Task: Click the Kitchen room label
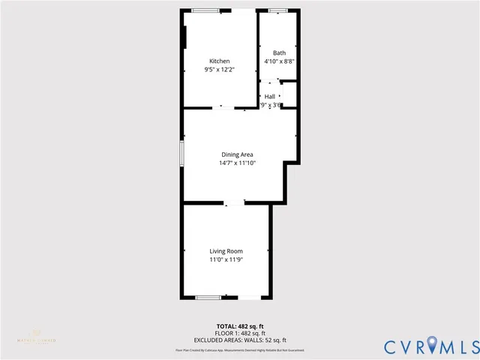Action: [219, 61]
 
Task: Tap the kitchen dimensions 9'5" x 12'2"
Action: [219, 69]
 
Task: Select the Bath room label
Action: [279, 52]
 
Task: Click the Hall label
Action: [270, 97]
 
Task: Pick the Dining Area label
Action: [237, 154]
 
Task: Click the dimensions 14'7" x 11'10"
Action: [237, 163]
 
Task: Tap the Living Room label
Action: [226, 251]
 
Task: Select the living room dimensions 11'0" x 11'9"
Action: [226, 259]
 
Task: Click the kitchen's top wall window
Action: [205, 10]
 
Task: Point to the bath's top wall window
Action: [278, 10]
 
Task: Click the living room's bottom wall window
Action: [208, 298]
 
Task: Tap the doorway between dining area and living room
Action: [235, 202]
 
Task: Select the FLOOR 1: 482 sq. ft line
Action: [241, 334]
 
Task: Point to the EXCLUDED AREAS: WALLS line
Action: [241, 340]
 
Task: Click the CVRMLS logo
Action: [430, 346]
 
